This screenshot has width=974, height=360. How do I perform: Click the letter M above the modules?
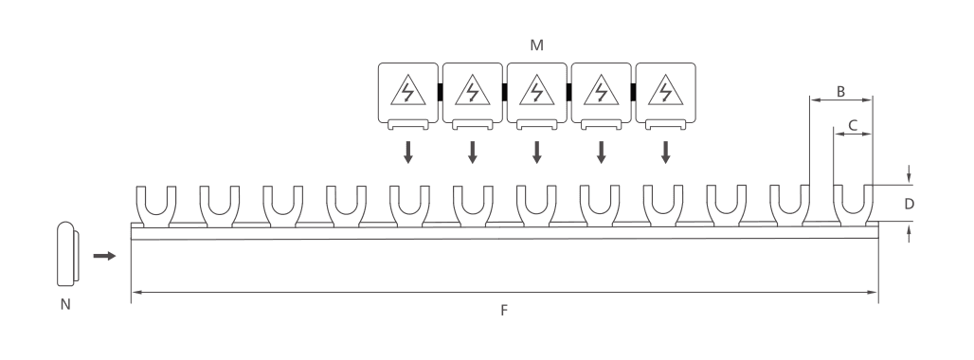(536, 45)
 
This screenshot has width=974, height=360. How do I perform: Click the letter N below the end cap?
(65, 305)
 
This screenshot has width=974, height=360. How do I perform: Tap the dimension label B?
(841, 92)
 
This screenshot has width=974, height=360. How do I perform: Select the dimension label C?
(853, 125)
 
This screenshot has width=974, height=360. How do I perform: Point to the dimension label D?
(909, 205)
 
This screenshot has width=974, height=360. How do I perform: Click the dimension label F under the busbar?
(504, 311)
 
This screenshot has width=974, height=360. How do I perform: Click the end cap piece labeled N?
(67, 254)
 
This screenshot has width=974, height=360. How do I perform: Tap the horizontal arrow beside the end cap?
(104, 256)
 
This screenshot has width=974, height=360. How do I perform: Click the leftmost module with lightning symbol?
(408, 96)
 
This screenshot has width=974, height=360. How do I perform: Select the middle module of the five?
(536, 96)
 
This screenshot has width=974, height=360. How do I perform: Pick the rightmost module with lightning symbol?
(665, 96)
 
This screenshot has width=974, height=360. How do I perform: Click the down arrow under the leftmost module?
(408, 153)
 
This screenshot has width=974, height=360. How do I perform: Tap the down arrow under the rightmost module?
(665, 153)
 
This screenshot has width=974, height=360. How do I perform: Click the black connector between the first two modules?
(441, 92)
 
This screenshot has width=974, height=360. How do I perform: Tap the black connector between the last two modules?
(633, 92)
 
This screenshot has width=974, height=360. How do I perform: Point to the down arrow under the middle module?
(536, 153)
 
